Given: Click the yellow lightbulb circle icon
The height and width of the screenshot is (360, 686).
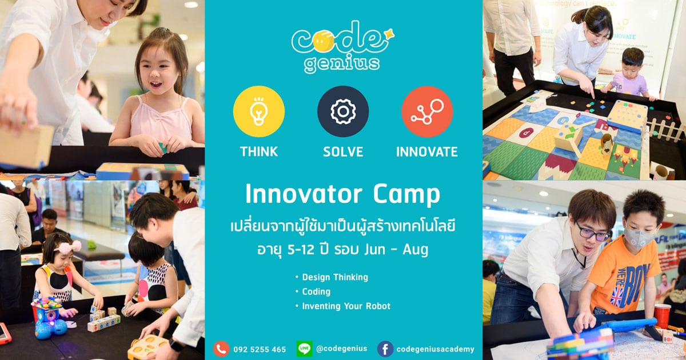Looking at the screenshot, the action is [x=259, y=111].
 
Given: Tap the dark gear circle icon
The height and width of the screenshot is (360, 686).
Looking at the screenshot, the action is [x=343, y=111].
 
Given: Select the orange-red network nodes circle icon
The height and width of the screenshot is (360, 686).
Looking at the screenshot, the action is [x=427, y=111].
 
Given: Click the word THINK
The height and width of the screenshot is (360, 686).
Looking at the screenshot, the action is [x=259, y=152].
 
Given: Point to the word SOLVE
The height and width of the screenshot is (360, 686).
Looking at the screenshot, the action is [x=343, y=152].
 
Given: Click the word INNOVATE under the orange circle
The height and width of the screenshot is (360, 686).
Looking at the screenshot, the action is [x=427, y=152].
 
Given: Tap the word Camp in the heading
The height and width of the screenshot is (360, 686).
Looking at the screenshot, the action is [x=406, y=195].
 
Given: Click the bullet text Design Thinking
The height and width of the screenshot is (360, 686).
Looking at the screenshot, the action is [x=335, y=277].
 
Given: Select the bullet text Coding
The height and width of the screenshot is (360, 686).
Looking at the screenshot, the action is [x=316, y=292].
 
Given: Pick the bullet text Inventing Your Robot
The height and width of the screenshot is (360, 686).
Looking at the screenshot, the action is [x=346, y=306].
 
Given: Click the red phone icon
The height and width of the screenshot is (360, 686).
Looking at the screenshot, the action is [x=221, y=349].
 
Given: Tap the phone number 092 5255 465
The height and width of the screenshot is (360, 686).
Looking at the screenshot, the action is [x=260, y=349].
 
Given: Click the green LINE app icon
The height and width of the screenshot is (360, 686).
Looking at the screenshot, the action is [x=304, y=349].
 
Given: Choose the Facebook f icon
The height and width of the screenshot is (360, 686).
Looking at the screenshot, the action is [x=385, y=349].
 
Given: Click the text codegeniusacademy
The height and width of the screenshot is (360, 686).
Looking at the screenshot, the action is [x=435, y=349].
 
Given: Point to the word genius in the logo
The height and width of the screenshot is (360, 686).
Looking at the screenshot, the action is [x=342, y=63].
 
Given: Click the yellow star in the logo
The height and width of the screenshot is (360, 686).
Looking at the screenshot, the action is [x=389, y=34].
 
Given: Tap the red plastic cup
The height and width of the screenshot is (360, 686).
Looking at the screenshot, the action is [x=662, y=316].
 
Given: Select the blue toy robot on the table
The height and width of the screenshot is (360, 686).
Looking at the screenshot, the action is [x=49, y=318].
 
